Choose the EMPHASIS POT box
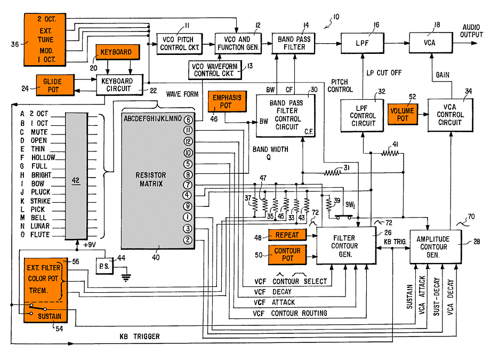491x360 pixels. pos(227,102)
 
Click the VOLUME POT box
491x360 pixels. pos(402,114)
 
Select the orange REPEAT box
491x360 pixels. pos(287,235)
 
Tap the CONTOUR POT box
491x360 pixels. pos(287,255)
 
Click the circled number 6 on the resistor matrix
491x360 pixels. pos(188,120)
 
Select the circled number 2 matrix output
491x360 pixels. pos(188,240)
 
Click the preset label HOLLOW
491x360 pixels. pos(43,158)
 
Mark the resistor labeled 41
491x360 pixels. pos(392,153)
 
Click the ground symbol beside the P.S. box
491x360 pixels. pos(126,277)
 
